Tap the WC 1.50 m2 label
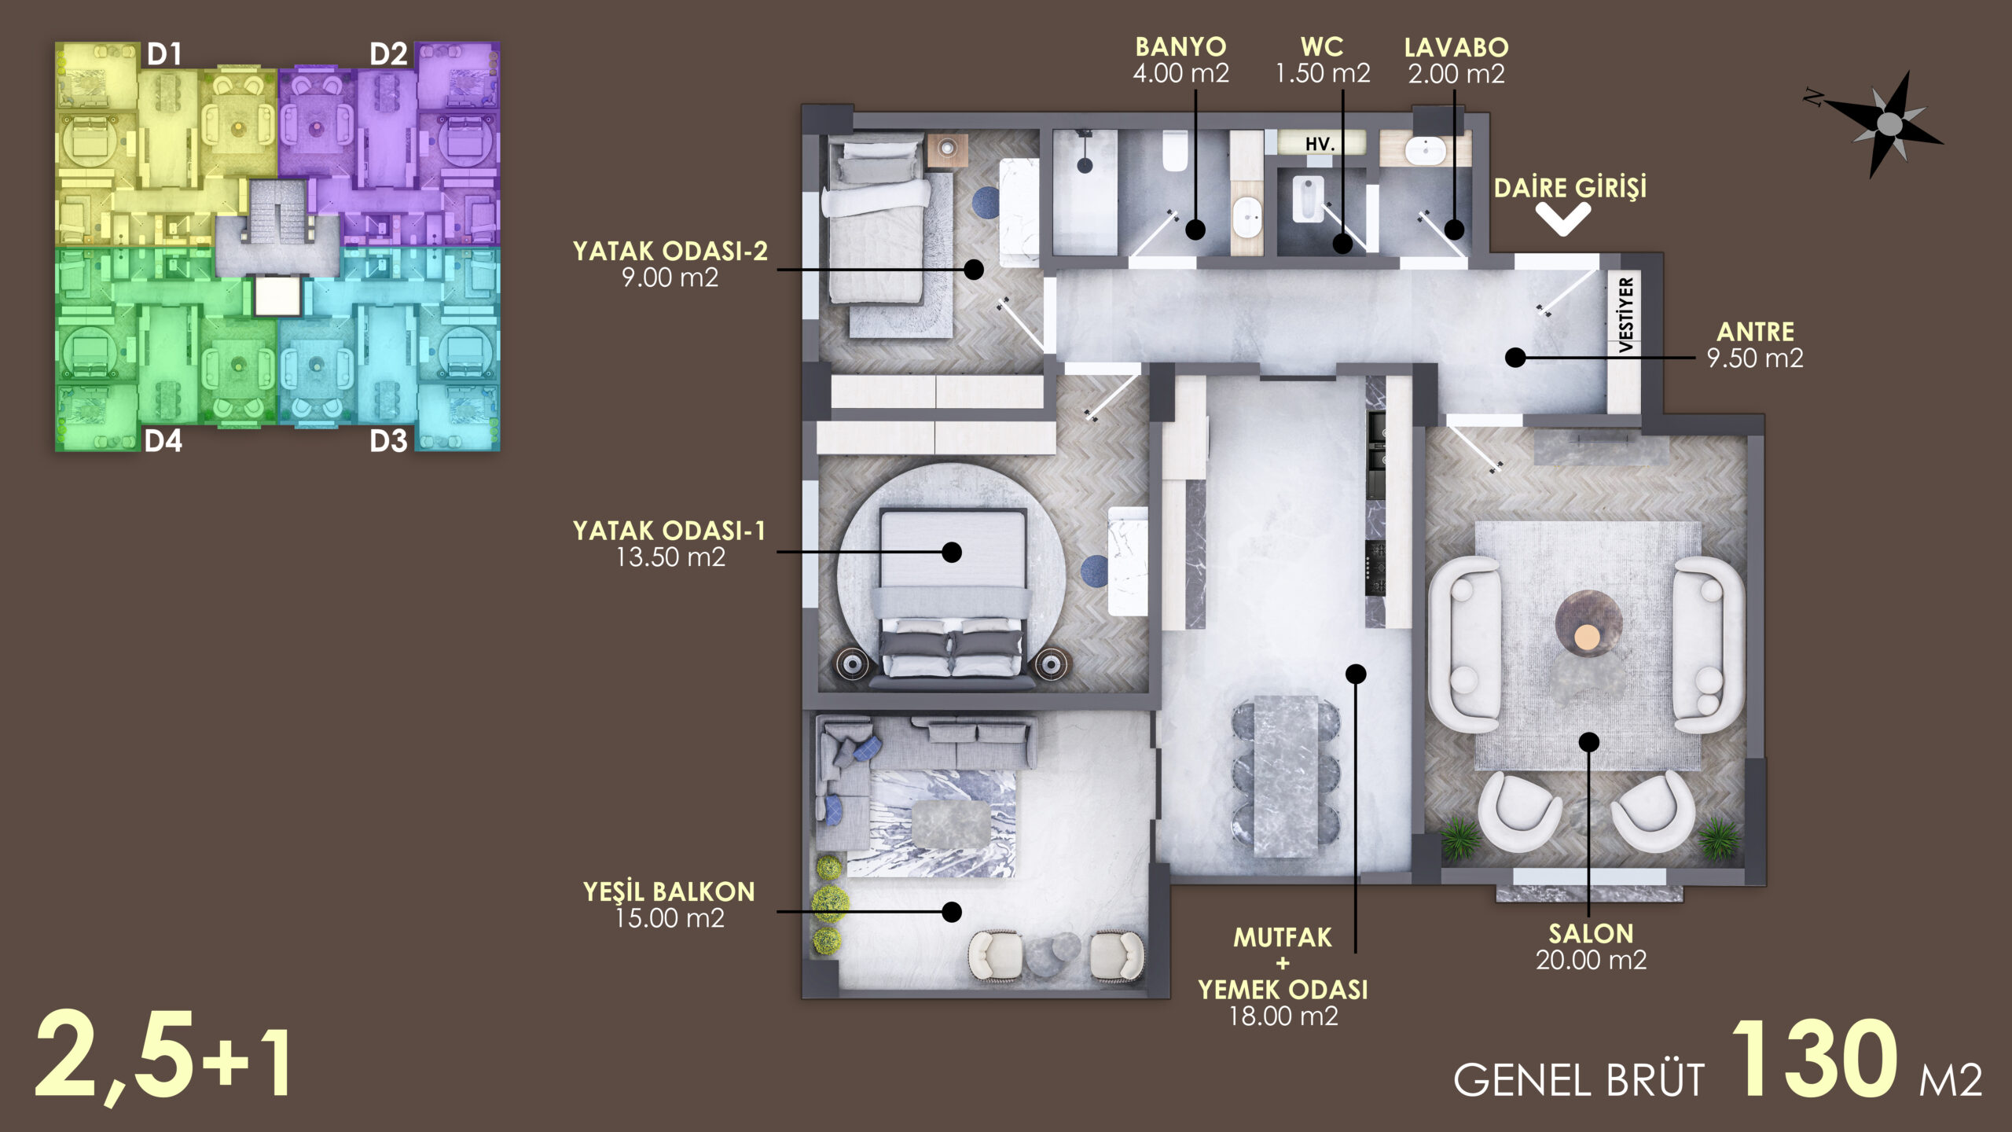coord(1323,60)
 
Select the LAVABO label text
coord(1456,48)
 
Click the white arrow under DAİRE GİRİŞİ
coord(1564,219)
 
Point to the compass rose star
coord(1889,123)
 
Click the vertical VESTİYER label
coord(1626,314)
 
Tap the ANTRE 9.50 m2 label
coord(1755,344)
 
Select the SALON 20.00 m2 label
coord(1591,946)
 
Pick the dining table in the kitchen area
coord(1286,776)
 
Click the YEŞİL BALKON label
coord(669,905)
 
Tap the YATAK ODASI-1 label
coord(670,544)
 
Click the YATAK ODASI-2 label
coord(670,264)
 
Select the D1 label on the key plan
coord(164,54)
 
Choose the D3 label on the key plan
coord(388,441)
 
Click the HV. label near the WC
coord(1320,145)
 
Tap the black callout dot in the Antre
coord(1515,358)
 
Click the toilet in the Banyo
coord(1175,151)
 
